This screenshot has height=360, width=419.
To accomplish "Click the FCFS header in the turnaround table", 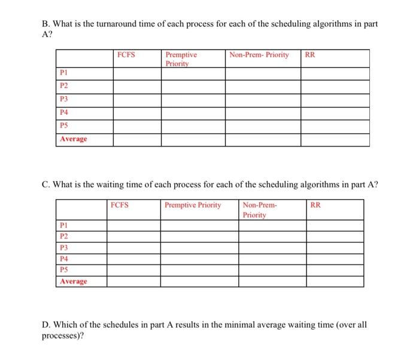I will (126, 55).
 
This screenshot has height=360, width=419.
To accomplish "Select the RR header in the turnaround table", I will (310, 55).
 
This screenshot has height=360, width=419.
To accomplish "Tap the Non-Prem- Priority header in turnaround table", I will (259, 55).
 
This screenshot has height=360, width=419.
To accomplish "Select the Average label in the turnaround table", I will (72, 139).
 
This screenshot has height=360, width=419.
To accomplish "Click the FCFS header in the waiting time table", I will (120, 205).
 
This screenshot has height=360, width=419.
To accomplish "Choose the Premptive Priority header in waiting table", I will (193, 205).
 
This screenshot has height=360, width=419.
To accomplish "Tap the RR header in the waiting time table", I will (316, 205).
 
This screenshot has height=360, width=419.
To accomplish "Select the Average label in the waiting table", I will (72, 280).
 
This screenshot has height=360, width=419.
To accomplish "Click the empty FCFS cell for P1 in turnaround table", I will (137, 72).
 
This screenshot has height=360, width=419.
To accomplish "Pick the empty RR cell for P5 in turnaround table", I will (335, 125).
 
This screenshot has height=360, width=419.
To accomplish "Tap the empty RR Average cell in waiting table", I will (335, 280).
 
